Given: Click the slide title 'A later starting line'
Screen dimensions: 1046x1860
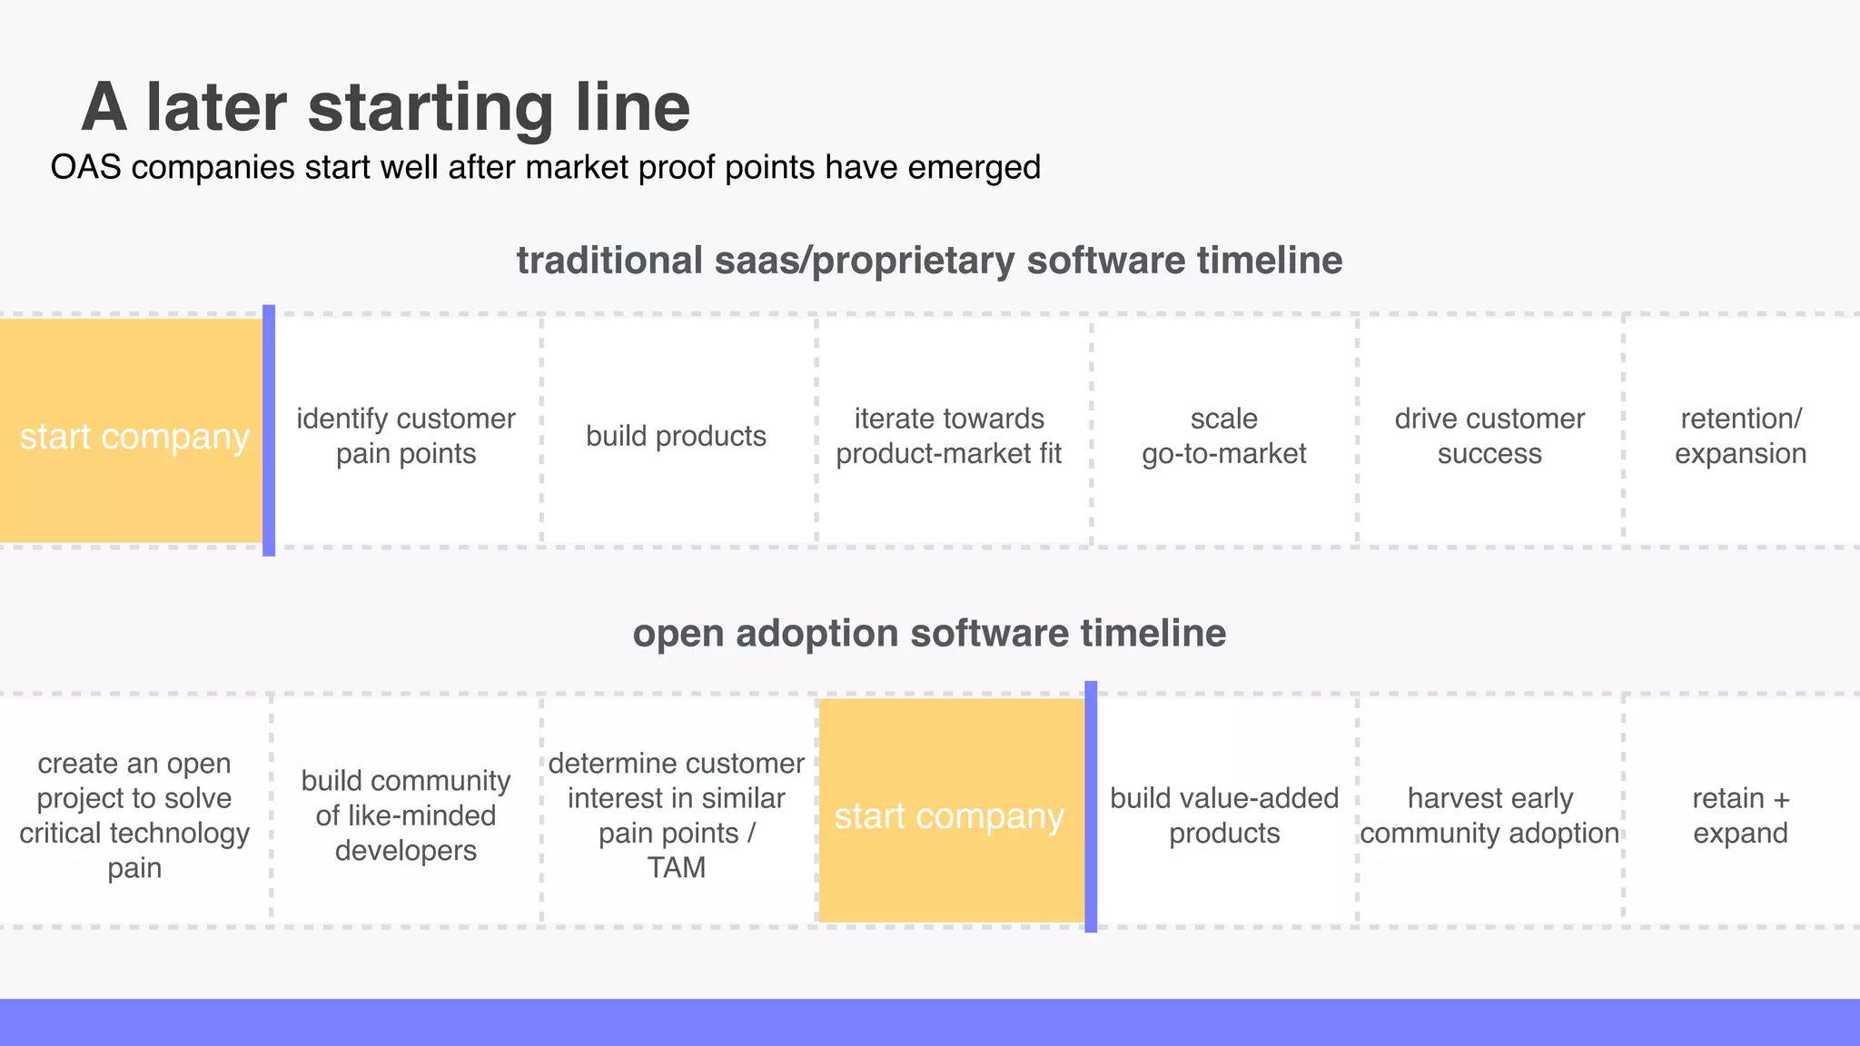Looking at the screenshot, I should point(386,107).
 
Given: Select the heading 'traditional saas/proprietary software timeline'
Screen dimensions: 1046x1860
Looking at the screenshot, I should point(929,261).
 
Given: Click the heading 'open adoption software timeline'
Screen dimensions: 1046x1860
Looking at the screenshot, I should point(929,633).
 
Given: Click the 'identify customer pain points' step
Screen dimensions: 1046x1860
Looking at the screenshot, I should point(406,436).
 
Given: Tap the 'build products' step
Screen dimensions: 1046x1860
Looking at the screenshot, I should point(676,436).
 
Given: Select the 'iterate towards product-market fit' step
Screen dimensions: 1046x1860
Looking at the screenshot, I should point(948,436).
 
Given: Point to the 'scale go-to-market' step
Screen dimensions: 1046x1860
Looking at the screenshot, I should point(1223,436).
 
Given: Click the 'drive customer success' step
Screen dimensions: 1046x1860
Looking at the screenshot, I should point(1489,436).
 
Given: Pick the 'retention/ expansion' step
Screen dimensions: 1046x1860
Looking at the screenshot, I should point(1740,436).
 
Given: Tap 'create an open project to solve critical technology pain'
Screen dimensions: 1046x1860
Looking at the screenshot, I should point(134,815).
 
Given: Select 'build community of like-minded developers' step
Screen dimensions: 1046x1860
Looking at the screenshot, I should point(406,815).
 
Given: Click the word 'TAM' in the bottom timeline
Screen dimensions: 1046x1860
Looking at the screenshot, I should point(676,868).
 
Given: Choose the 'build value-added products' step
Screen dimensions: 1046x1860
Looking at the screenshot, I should point(1223,815).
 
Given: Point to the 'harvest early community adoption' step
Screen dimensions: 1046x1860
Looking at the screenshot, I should point(1489,815).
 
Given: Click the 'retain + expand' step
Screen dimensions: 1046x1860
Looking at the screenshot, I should point(1740,815).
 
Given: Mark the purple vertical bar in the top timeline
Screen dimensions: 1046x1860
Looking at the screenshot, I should point(269,430).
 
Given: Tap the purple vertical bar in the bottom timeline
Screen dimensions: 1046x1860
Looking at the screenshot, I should point(1091,806).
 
